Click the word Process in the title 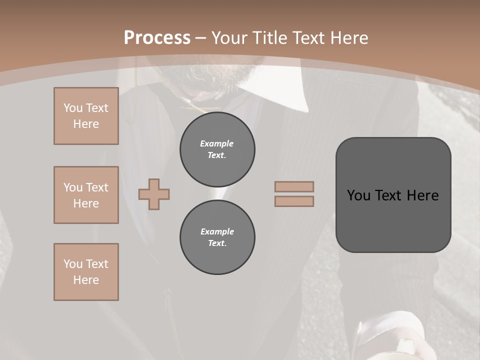coord(157,38)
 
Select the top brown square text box coord(86,116)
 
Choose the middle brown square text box coord(86,195)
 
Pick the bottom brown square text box coord(86,272)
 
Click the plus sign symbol coord(154,194)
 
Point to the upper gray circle coord(217,149)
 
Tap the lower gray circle coord(217,237)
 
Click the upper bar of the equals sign coord(294,186)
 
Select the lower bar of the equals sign coord(294,201)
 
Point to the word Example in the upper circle coord(217,143)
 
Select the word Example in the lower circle coord(217,231)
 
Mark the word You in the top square coord(72,108)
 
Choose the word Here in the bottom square coord(86,280)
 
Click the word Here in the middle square coord(86,203)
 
